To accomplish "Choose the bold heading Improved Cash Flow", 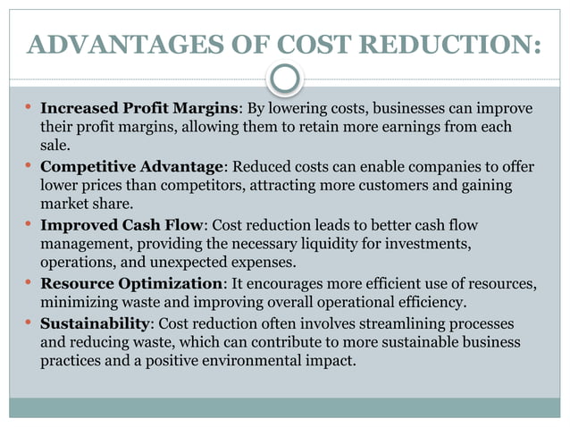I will click(123, 225).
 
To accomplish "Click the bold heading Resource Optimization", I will click(131, 283).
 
